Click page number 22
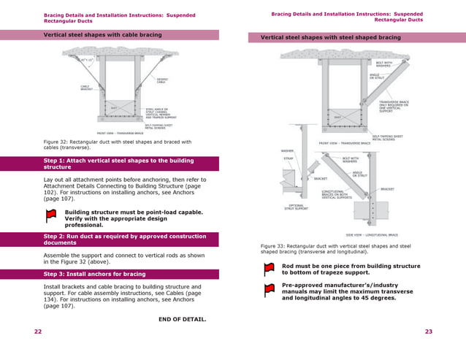pos(38,332)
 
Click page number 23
pos(429,332)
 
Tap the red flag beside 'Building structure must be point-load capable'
pos(51,215)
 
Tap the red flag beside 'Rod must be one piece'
pos(269,268)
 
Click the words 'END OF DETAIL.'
pos(182,319)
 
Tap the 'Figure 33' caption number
pos(274,246)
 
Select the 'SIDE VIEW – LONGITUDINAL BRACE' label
pos(371,235)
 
